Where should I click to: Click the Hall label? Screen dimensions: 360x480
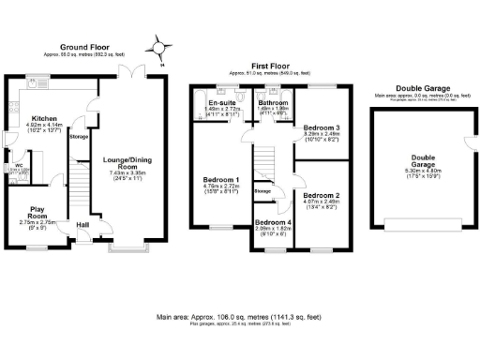(x=82, y=225)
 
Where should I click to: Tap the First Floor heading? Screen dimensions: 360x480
(x=269, y=67)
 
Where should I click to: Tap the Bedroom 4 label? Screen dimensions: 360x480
(x=273, y=223)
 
